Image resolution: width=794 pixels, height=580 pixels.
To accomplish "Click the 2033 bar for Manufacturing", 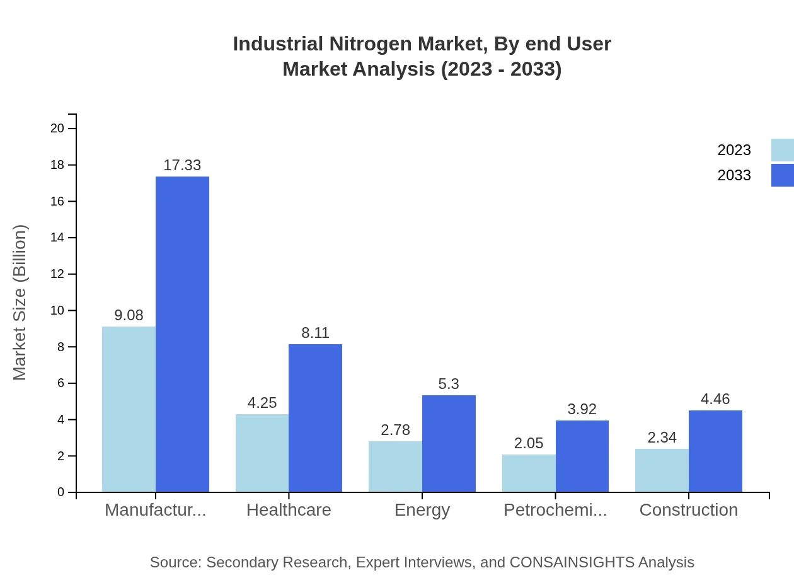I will pyautogui.click(x=182, y=334).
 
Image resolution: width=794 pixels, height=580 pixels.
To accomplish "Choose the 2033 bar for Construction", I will pyautogui.click(x=715, y=451).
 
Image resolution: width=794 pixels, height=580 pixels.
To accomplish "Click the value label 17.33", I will pyautogui.click(x=182, y=165).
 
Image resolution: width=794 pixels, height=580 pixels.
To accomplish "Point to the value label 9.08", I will pyautogui.click(x=129, y=315).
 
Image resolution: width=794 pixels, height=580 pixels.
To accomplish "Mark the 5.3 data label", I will pyautogui.click(x=449, y=384).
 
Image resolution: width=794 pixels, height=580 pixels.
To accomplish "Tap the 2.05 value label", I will pyautogui.click(x=529, y=443).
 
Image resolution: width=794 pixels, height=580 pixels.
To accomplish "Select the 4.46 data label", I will pyautogui.click(x=715, y=399).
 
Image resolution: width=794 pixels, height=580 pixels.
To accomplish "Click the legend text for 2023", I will pyautogui.click(x=734, y=150).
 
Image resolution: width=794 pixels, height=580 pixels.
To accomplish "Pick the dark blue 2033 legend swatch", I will pyautogui.click(x=782, y=175).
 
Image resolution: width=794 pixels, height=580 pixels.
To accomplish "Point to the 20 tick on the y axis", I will pyautogui.click(x=57, y=129).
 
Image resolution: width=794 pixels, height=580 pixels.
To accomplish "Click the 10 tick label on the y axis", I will pyautogui.click(x=57, y=311).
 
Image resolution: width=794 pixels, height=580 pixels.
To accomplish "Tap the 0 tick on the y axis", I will pyautogui.click(x=61, y=492).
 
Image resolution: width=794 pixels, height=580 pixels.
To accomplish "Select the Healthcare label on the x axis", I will pyautogui.click(x=289, y=510).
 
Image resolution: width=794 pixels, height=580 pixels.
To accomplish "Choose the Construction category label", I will pyautogui.click(x=688, y=510).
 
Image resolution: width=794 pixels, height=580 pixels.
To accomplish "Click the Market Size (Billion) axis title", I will pyautogui.click(x=20, y=303).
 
